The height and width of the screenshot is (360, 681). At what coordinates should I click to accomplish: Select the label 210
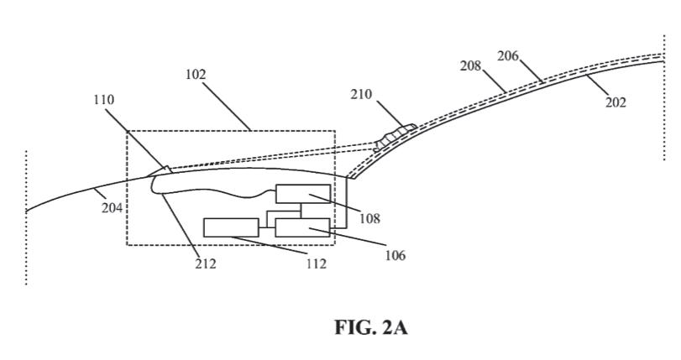(x=363, y=95)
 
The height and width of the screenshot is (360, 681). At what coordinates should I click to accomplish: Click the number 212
(x=205, y=263)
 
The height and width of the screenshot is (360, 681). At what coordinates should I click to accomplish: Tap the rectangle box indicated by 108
(x=302, y=193)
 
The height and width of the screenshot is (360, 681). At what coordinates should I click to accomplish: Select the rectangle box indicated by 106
(x=302, y=227)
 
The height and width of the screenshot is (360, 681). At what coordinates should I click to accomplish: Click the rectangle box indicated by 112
(x=231, y=227)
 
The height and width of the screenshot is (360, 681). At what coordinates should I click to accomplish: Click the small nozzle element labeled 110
(x=160, y=172)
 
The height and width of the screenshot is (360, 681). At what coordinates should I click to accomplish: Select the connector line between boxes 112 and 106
(x=267, y=227)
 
